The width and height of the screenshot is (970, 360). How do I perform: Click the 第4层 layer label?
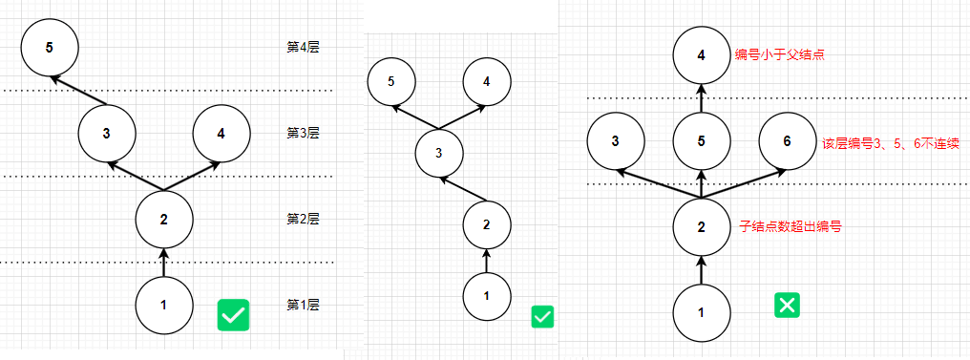[x=303, y=47]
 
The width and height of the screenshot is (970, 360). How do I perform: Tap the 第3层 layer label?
[x=303, y=133]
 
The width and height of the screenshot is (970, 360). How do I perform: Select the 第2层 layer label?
[x=303, y=219]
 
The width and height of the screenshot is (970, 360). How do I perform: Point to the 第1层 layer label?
[x=303, y=305]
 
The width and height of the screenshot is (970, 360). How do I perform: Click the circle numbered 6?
[x=787, y=141]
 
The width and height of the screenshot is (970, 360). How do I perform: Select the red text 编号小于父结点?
[x=779, y=55]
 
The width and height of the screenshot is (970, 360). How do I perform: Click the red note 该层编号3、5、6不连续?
[x=890, y=144]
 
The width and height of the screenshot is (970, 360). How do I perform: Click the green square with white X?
[x=787, y=306]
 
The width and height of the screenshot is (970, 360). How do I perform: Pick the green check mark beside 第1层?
[x=233, y=315]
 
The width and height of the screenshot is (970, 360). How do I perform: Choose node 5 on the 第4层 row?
[x=50, y=48]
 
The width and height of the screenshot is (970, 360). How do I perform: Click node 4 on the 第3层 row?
[x=221, y=133]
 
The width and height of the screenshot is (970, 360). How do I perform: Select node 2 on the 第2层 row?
[x=163, y=220]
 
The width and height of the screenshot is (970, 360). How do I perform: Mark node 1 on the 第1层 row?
[x=163, y=306]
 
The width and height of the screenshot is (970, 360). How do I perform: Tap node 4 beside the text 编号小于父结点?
[x=702, y=55]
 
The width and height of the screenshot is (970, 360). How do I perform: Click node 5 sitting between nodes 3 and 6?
[x=702, y=141]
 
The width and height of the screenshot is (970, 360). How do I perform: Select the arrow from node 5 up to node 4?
[x=702, y=98]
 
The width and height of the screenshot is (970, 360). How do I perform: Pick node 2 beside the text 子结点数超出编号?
[x=702, y=227]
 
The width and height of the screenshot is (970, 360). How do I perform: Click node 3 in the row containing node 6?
[x=615, y=141]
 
